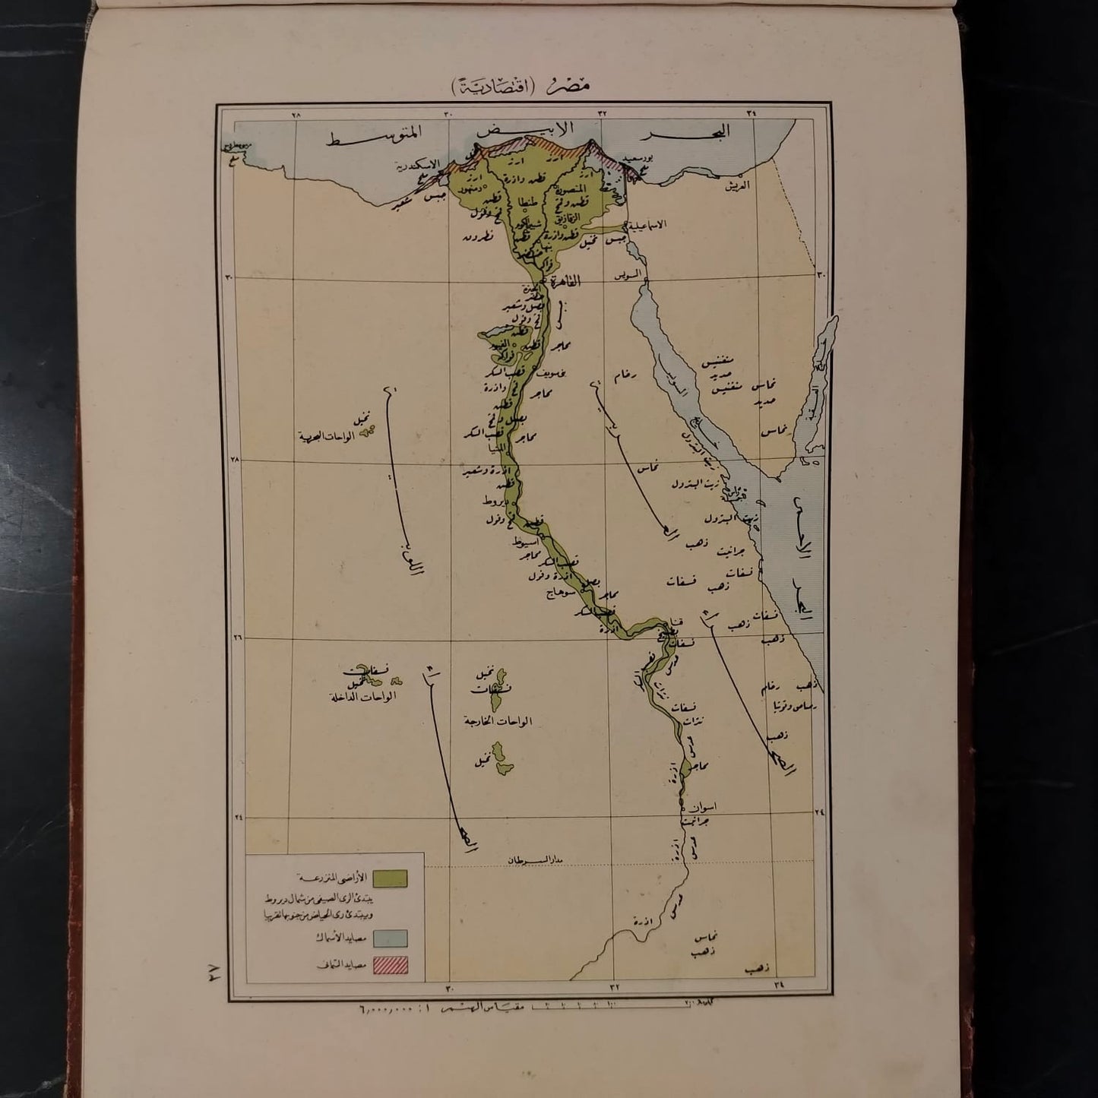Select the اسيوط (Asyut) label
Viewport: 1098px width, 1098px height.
click(527, 544)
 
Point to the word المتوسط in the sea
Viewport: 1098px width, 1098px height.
click(375, 139)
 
